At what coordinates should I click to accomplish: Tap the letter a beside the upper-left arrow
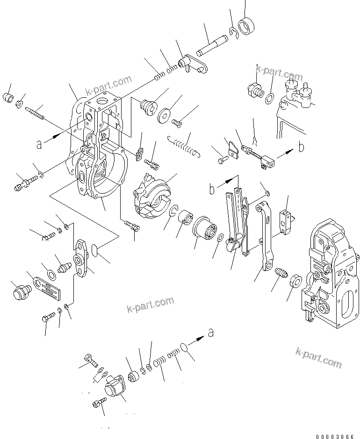(40, 144)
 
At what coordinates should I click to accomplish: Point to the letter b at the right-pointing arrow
(302, 147)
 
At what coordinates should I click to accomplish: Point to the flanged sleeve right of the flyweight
(205, 228)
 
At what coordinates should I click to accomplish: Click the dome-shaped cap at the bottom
(114, 389)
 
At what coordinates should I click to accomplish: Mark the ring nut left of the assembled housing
(295, 282)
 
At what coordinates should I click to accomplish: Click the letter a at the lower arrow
(211, 333)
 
